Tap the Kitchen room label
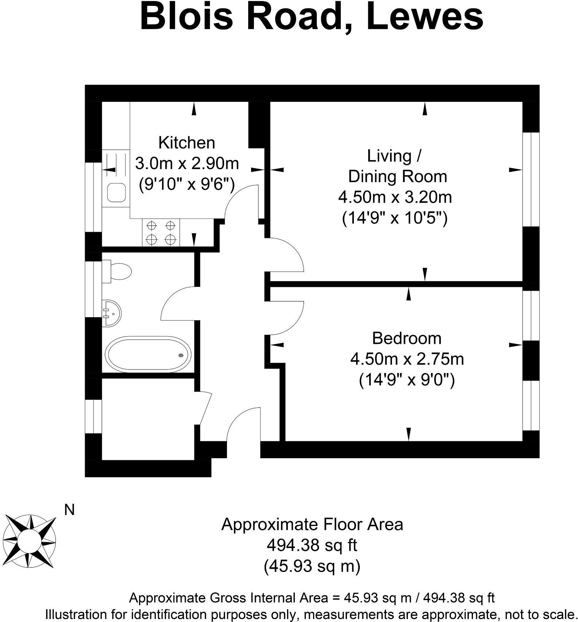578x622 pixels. click(x=186, y=142)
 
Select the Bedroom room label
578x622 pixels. click(x=406, y=338)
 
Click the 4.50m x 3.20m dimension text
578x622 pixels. click(x=395, y=197)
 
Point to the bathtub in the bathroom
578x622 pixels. click(x=148, y=354)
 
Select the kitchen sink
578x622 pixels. click(x=117, y=192)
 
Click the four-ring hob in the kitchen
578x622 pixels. click(x=161, y=233)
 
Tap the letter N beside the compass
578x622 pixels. click(x=69, y=510)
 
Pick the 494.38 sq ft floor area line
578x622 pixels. click(x=312, y=546)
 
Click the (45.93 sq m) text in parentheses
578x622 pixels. click(x=312, y=566)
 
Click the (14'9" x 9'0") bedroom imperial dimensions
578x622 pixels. click(x=406, y=380)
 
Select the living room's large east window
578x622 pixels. click(x=531, y=179)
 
